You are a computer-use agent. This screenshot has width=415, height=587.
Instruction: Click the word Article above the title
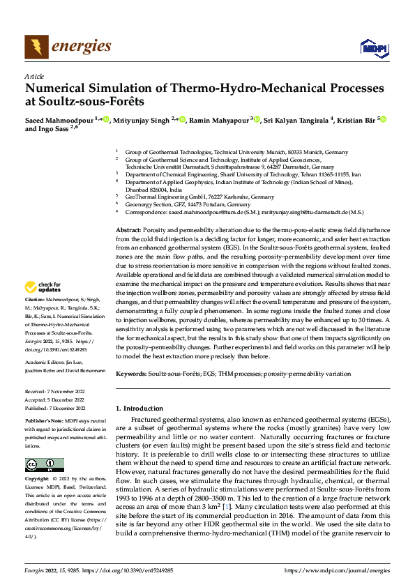tap(34, 76)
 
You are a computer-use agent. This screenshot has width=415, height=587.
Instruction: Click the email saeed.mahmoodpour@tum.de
tap(202, 211)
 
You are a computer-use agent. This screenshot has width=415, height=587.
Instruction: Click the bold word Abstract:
tap(129, 230)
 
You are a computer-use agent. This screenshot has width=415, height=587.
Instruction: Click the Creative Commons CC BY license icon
tap(44, 464)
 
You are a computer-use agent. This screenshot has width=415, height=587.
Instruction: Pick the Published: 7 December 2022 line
tap(55, 406)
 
